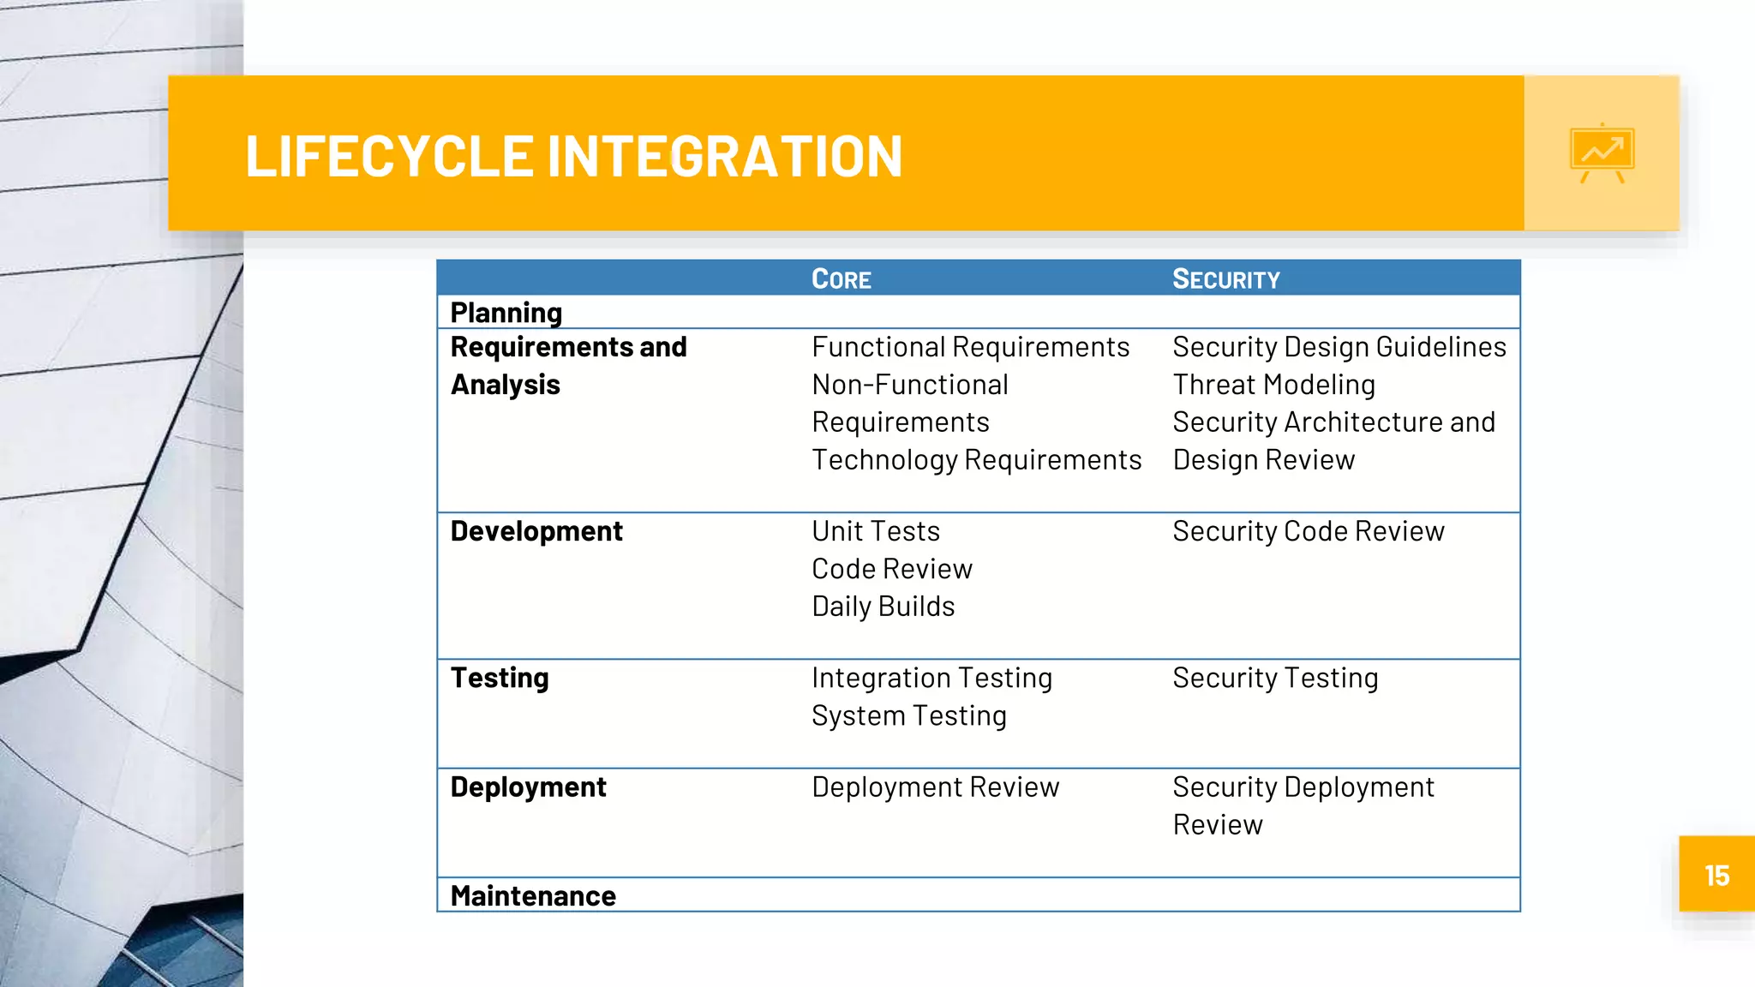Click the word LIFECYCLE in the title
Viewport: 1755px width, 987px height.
[390, 157]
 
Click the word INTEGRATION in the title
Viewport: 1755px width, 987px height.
[724, 157]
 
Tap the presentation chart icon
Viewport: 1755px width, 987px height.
[1602, 153]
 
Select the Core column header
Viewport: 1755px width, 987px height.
[841, 279]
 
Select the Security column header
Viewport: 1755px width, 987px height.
[1225, 279]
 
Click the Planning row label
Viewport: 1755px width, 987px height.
[506, 313]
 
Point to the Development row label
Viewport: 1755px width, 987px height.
[536, 531]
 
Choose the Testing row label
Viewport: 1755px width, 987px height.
[500, 678]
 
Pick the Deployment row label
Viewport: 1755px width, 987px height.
[528, 787]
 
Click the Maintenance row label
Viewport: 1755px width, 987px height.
[533, 896]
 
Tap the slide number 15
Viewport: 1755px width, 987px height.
[1716, 876]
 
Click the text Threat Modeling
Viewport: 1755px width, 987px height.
[1273, 385]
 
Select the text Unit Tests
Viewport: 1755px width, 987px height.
[875, 531]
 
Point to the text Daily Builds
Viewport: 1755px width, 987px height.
[883, 607]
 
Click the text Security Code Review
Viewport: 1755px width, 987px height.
[1308, 531]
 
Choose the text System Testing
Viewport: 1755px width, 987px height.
[908, 715]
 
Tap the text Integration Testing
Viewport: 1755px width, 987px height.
[931, 678]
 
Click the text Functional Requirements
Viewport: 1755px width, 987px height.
[970, 347]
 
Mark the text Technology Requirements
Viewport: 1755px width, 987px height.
[976, 460]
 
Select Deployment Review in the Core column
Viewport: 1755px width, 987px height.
[935, 787]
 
